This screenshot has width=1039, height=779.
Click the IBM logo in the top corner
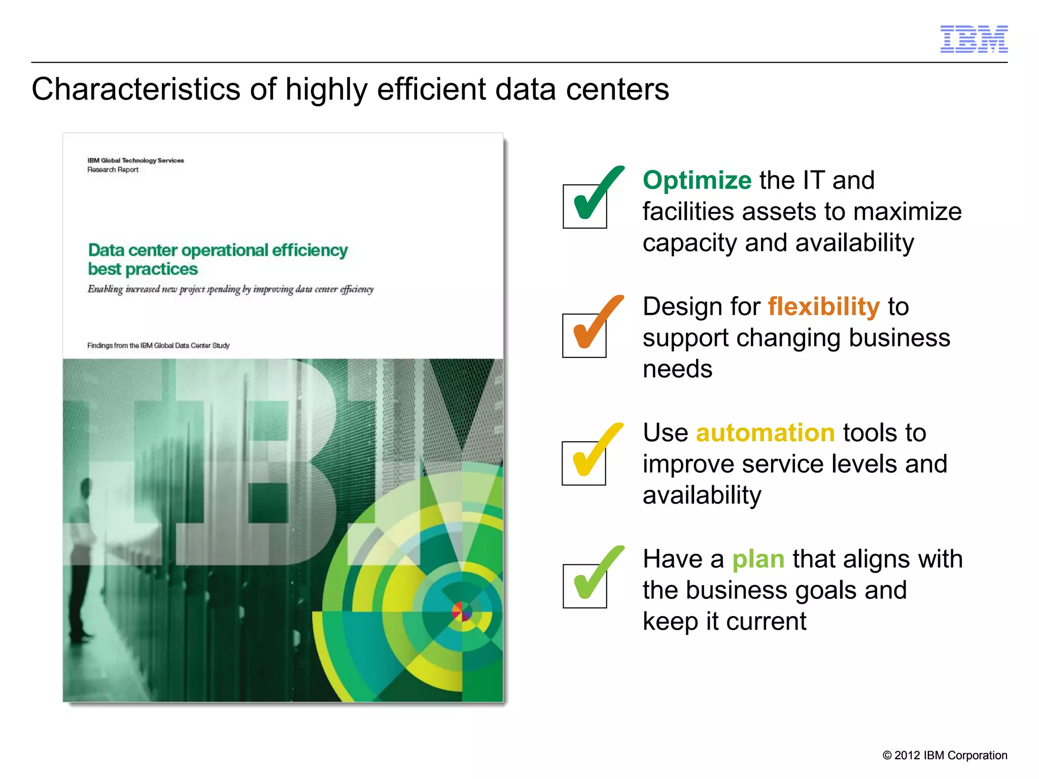tap(974, 39)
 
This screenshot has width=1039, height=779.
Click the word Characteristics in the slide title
tap(135, 90)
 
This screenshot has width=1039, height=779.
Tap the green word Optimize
tap(697, 181)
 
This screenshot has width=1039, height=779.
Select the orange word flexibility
tap(823, 307)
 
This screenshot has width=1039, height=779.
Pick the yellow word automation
tap(765, 433)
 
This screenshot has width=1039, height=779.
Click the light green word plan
tap(758, 559)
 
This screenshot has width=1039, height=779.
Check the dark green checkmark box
tap(585, 206)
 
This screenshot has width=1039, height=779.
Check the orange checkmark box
tap(584, 335)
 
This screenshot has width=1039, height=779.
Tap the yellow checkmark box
tap(584, 463)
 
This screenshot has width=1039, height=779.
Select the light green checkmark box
tap(585, 586)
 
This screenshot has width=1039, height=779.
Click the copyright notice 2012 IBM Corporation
tap(945, 755)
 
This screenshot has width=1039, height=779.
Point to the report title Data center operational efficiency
tap(218, 251)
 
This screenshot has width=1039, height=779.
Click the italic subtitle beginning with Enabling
tap(230, 289)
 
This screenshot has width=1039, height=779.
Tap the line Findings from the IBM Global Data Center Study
tap(158, 345)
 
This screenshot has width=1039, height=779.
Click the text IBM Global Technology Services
tap(135, 160)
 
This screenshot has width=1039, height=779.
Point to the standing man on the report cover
tap(82, 558)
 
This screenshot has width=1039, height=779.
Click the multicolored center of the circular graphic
tap(462, 612)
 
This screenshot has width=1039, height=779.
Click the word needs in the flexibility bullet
tap(677, 369)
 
